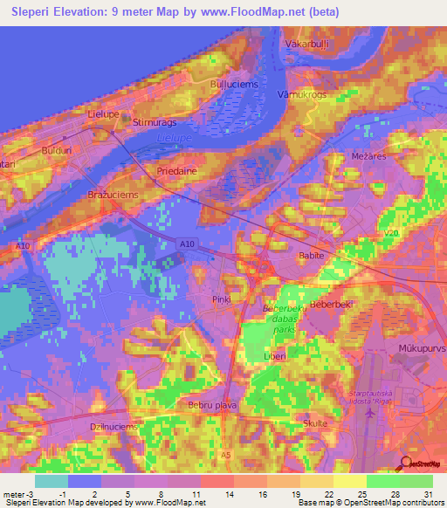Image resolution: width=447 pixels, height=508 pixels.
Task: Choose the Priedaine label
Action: point(175,172)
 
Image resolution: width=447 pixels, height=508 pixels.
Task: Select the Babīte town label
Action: point(312,257)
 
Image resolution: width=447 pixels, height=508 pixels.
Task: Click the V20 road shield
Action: point(390,234)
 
